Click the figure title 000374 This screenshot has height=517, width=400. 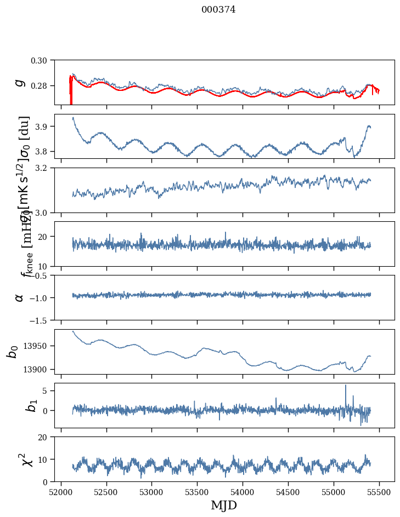tap(218, 10)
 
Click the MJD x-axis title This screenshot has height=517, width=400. tap(224, 505)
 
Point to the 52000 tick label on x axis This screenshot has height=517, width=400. tap(61, 492)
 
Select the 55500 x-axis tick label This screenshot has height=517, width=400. tap(379, 492)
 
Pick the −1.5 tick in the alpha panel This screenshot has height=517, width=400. tap(41, 320)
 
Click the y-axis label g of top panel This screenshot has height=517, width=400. tap(20, 82)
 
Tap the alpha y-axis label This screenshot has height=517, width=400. tap(20, 297)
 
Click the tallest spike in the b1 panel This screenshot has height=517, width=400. tap(346, 386)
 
